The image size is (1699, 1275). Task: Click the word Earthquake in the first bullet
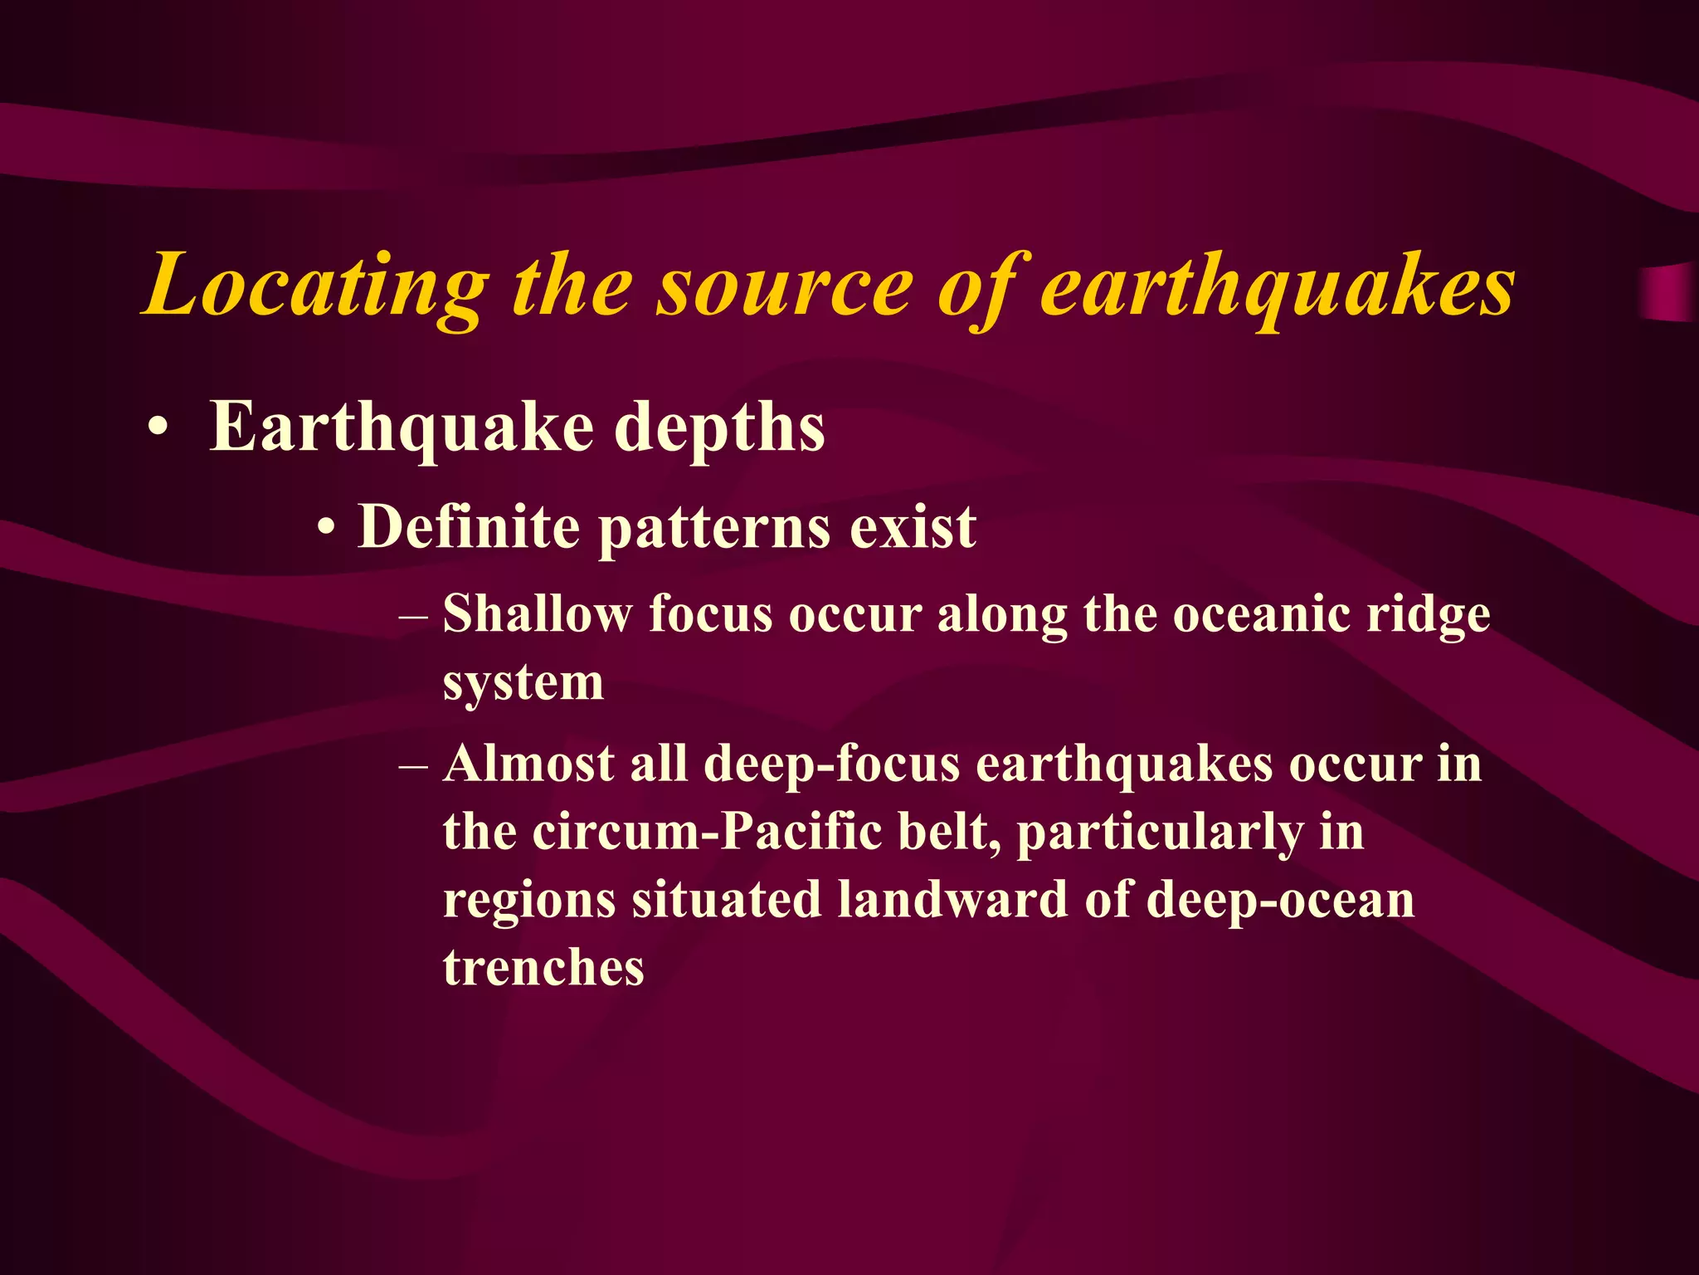pyautogui.click(x=402, y=428)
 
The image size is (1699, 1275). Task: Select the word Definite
pyautogui.click(x=469, y=527)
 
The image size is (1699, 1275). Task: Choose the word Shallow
pyautogui.click(x=538, y=615)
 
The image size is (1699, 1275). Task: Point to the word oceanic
pyautogui.click(x=1262, y=615)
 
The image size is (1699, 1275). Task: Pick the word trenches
pyautogui.click(x=543, y=968)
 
